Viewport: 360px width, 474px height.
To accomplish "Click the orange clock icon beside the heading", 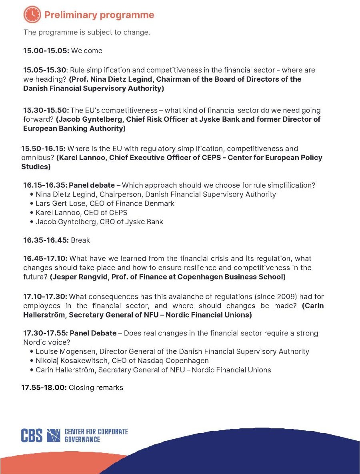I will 32,15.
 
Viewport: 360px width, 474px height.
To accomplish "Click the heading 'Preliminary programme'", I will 99,15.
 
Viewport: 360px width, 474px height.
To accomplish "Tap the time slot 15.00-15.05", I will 46,51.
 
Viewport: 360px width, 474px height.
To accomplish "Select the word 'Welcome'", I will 86,51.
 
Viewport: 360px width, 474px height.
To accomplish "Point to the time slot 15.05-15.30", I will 46,70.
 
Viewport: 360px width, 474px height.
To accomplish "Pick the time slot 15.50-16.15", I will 44,149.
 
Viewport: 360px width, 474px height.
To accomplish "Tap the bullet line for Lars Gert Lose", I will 105,203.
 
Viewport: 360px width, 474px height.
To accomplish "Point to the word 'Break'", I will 80,241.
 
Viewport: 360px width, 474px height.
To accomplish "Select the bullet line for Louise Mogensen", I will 172,351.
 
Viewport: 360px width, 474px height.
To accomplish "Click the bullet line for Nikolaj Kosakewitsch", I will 122,361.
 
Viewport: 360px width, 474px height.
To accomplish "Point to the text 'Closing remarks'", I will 96,388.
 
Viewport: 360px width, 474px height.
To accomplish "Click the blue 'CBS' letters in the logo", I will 32,435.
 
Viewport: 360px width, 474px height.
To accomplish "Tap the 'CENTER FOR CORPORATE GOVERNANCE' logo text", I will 96,435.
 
